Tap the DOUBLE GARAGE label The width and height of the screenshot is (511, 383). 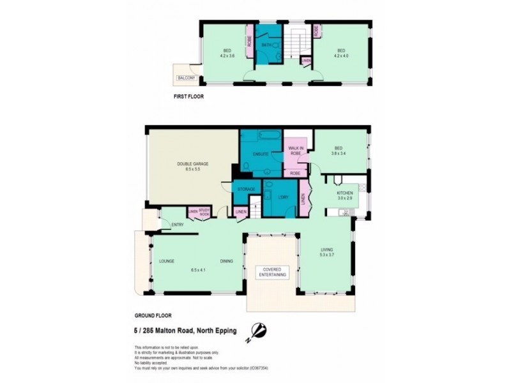click(x=192, y=164)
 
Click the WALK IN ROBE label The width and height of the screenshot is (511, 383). click(x=295, y=151)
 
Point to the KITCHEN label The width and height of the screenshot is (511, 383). click(x=345, y=193)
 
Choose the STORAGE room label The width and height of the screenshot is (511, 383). click(x=247, y=189)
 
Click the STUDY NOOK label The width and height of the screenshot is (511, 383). click(x=204, y=213)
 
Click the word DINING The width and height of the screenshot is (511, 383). click(x=226, y=261)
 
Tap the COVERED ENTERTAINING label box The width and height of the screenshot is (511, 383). click(x=272, y=271)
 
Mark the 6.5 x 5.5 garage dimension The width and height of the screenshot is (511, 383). click(x=192, y=170)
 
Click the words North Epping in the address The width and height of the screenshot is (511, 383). click(x=215, y=330)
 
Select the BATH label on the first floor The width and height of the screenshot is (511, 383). click(x=266, y=45)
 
